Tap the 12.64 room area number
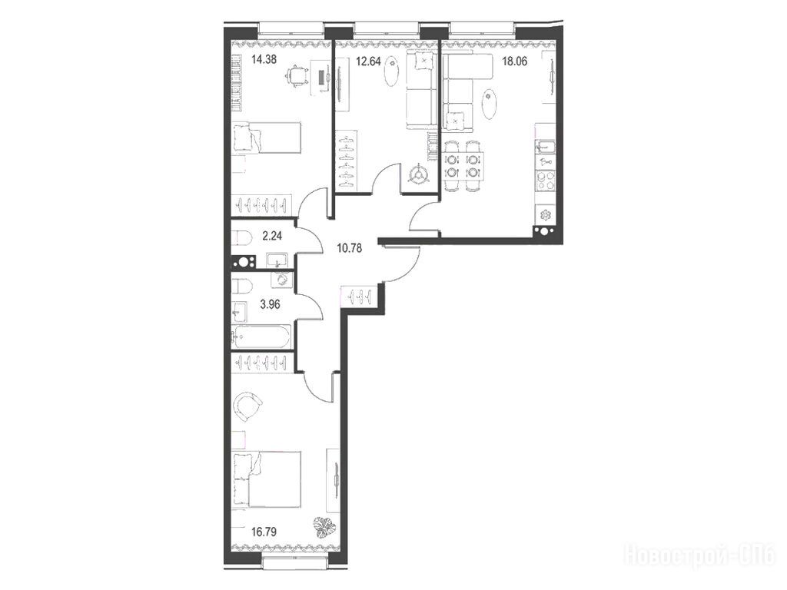pyautogui.click(x=368, y=61)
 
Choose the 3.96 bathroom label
pyautogui.click(x=270, y=304)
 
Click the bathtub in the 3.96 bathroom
pyautogui.click(x=261, y=336)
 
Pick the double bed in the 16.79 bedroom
pyautogui.click(x=267, y=479)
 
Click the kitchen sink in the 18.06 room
pyautogui.click(x=545, y=147)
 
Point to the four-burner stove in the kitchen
pyautogui.click(x=545, y=181)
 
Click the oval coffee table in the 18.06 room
pyautogui.click(x=490, y=104)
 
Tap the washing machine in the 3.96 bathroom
pyautogui.click(x=282, y=280)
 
